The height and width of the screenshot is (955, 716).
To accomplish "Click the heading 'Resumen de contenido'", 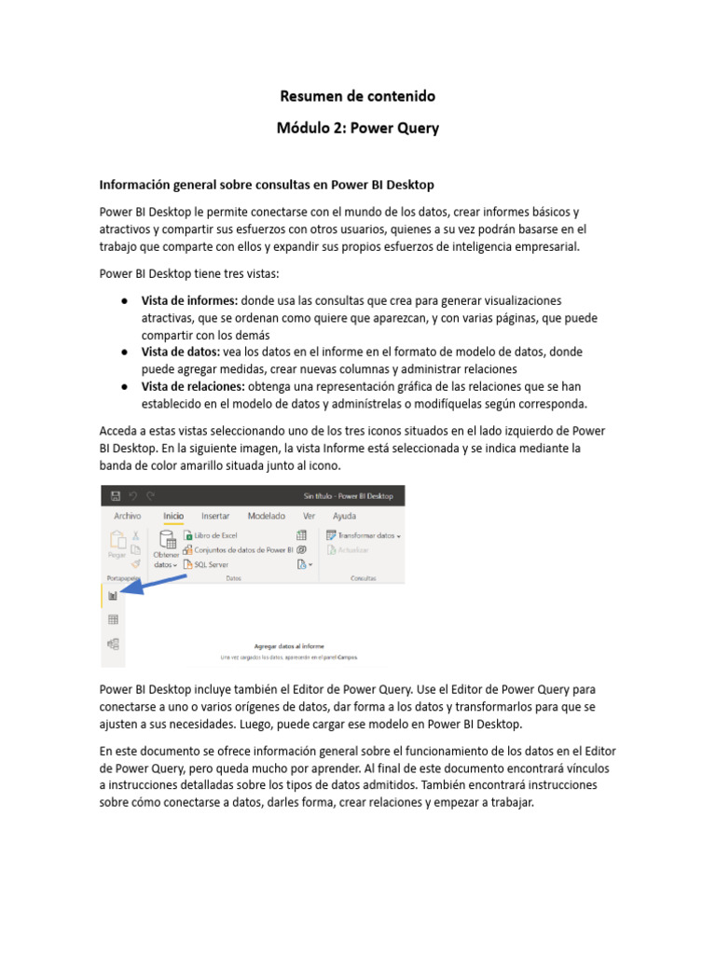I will [358, 96].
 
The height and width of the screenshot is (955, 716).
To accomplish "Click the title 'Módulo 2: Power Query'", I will [358, 129].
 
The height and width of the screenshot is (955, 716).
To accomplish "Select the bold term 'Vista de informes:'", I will [189, 301].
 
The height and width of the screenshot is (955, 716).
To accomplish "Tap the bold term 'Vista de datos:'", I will [180, 352].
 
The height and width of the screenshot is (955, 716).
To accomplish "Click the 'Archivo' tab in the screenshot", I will [127, 516].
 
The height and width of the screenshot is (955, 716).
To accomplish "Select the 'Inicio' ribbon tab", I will [173, 516].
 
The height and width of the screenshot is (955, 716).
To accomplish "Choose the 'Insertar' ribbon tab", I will [215, 516].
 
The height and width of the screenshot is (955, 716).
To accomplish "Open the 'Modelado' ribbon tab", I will [267, 516].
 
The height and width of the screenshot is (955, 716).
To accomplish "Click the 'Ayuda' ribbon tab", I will [344, 516].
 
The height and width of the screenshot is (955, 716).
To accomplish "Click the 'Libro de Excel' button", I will [215, 535].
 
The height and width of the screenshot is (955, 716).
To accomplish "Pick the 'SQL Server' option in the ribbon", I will [211, 564].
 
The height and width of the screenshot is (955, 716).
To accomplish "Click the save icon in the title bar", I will [115, 496].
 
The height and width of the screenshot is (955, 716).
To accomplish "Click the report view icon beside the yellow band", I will [113, 596].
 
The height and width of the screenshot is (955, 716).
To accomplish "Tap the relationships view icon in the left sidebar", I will [113, 643].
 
